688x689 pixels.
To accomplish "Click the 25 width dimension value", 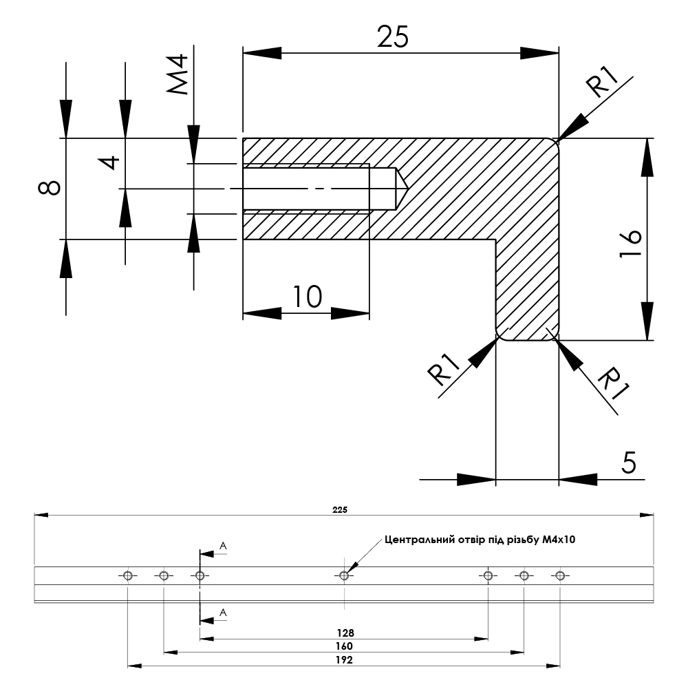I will [393, 36].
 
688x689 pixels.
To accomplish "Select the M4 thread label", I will [178, 76].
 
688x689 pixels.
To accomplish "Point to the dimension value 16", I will [630, 244].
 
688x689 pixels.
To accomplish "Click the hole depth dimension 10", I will [307, 297].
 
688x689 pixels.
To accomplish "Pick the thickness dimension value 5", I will [629, 463].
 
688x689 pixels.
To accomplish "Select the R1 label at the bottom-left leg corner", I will [444, 370].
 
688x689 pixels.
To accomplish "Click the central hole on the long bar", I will [344, 575].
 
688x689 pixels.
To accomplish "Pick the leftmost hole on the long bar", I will [127, 575].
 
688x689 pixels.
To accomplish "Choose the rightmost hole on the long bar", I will [560, 575].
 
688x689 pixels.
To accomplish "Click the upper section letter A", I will [223, 546].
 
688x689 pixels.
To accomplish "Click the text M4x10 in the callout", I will [559, 540].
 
